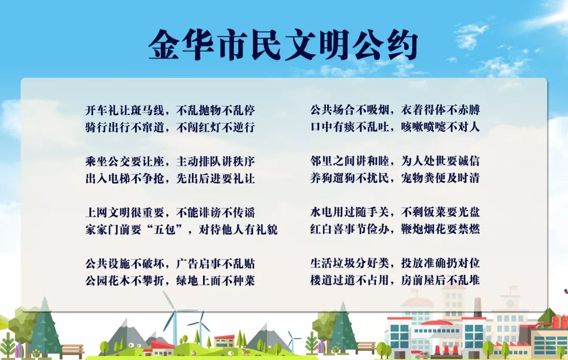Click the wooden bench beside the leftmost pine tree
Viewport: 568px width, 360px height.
pos(72,350)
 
